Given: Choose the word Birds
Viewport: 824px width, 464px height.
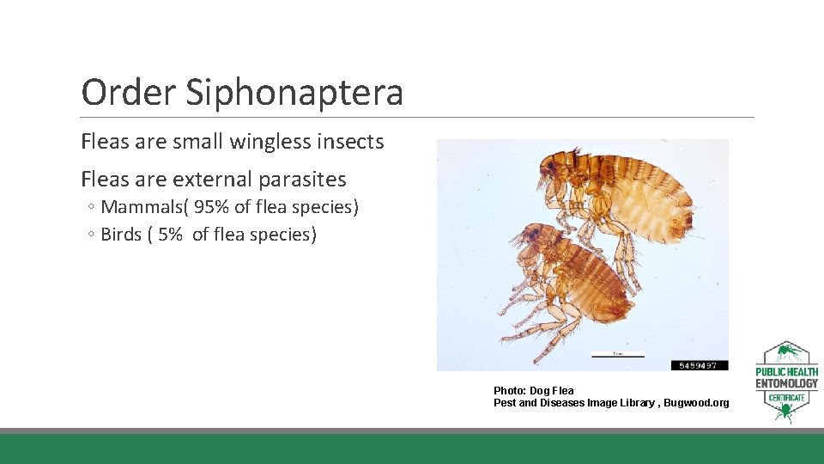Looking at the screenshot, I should [x=121, y=235].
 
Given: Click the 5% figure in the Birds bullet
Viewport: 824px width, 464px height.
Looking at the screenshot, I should [x=171, y=235].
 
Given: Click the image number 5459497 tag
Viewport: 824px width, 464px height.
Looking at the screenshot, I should [x=699, y=365].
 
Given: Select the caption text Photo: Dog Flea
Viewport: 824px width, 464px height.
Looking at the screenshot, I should [x=534, y=391].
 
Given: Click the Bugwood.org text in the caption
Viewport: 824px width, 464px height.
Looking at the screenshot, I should [x=696, y=403].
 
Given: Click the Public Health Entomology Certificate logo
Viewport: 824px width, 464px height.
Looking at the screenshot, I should [x=786, y=382].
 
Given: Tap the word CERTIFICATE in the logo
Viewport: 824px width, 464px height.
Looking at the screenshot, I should [x=786, y=398].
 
